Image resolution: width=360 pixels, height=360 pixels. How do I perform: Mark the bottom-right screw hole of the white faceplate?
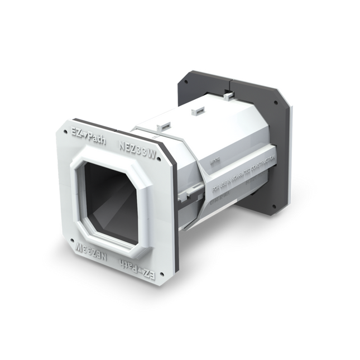click(x=161, y=274)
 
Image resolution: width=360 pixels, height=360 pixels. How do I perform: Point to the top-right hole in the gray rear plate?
click(x=276, y=103)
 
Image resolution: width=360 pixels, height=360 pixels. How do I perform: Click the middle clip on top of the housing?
click(x=197, y=111)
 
